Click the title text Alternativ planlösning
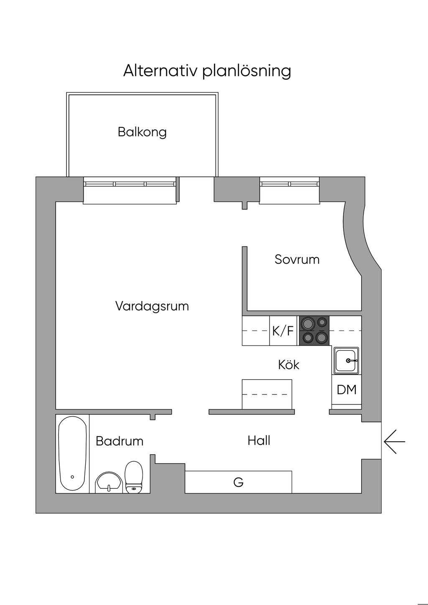(207, 71)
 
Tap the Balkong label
(142, 132)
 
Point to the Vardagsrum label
(152, 306)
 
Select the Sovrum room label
(297, 259)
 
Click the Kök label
(289, 365)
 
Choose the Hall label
(259, 440)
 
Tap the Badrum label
(120, 441)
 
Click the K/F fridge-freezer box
(283, 331)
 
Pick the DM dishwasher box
(346, 390)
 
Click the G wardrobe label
(238, 483)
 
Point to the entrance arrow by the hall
(394, 442)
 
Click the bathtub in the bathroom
(72, 454)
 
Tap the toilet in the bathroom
(134, 477)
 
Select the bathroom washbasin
(109, 483)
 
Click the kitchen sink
(346, 360)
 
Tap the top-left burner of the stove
(309, 323)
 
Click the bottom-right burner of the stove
(321, 337)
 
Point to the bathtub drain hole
(72, 477)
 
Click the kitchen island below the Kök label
(267, 394)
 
